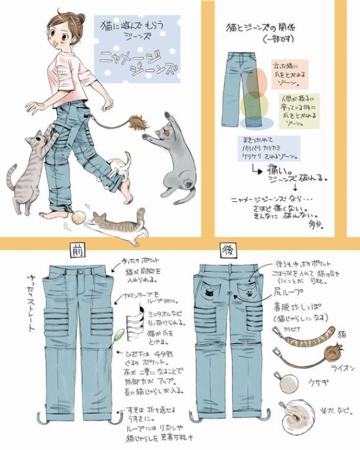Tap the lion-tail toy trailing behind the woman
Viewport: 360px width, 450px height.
[138, 123]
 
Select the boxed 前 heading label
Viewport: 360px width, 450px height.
[76, 248]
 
